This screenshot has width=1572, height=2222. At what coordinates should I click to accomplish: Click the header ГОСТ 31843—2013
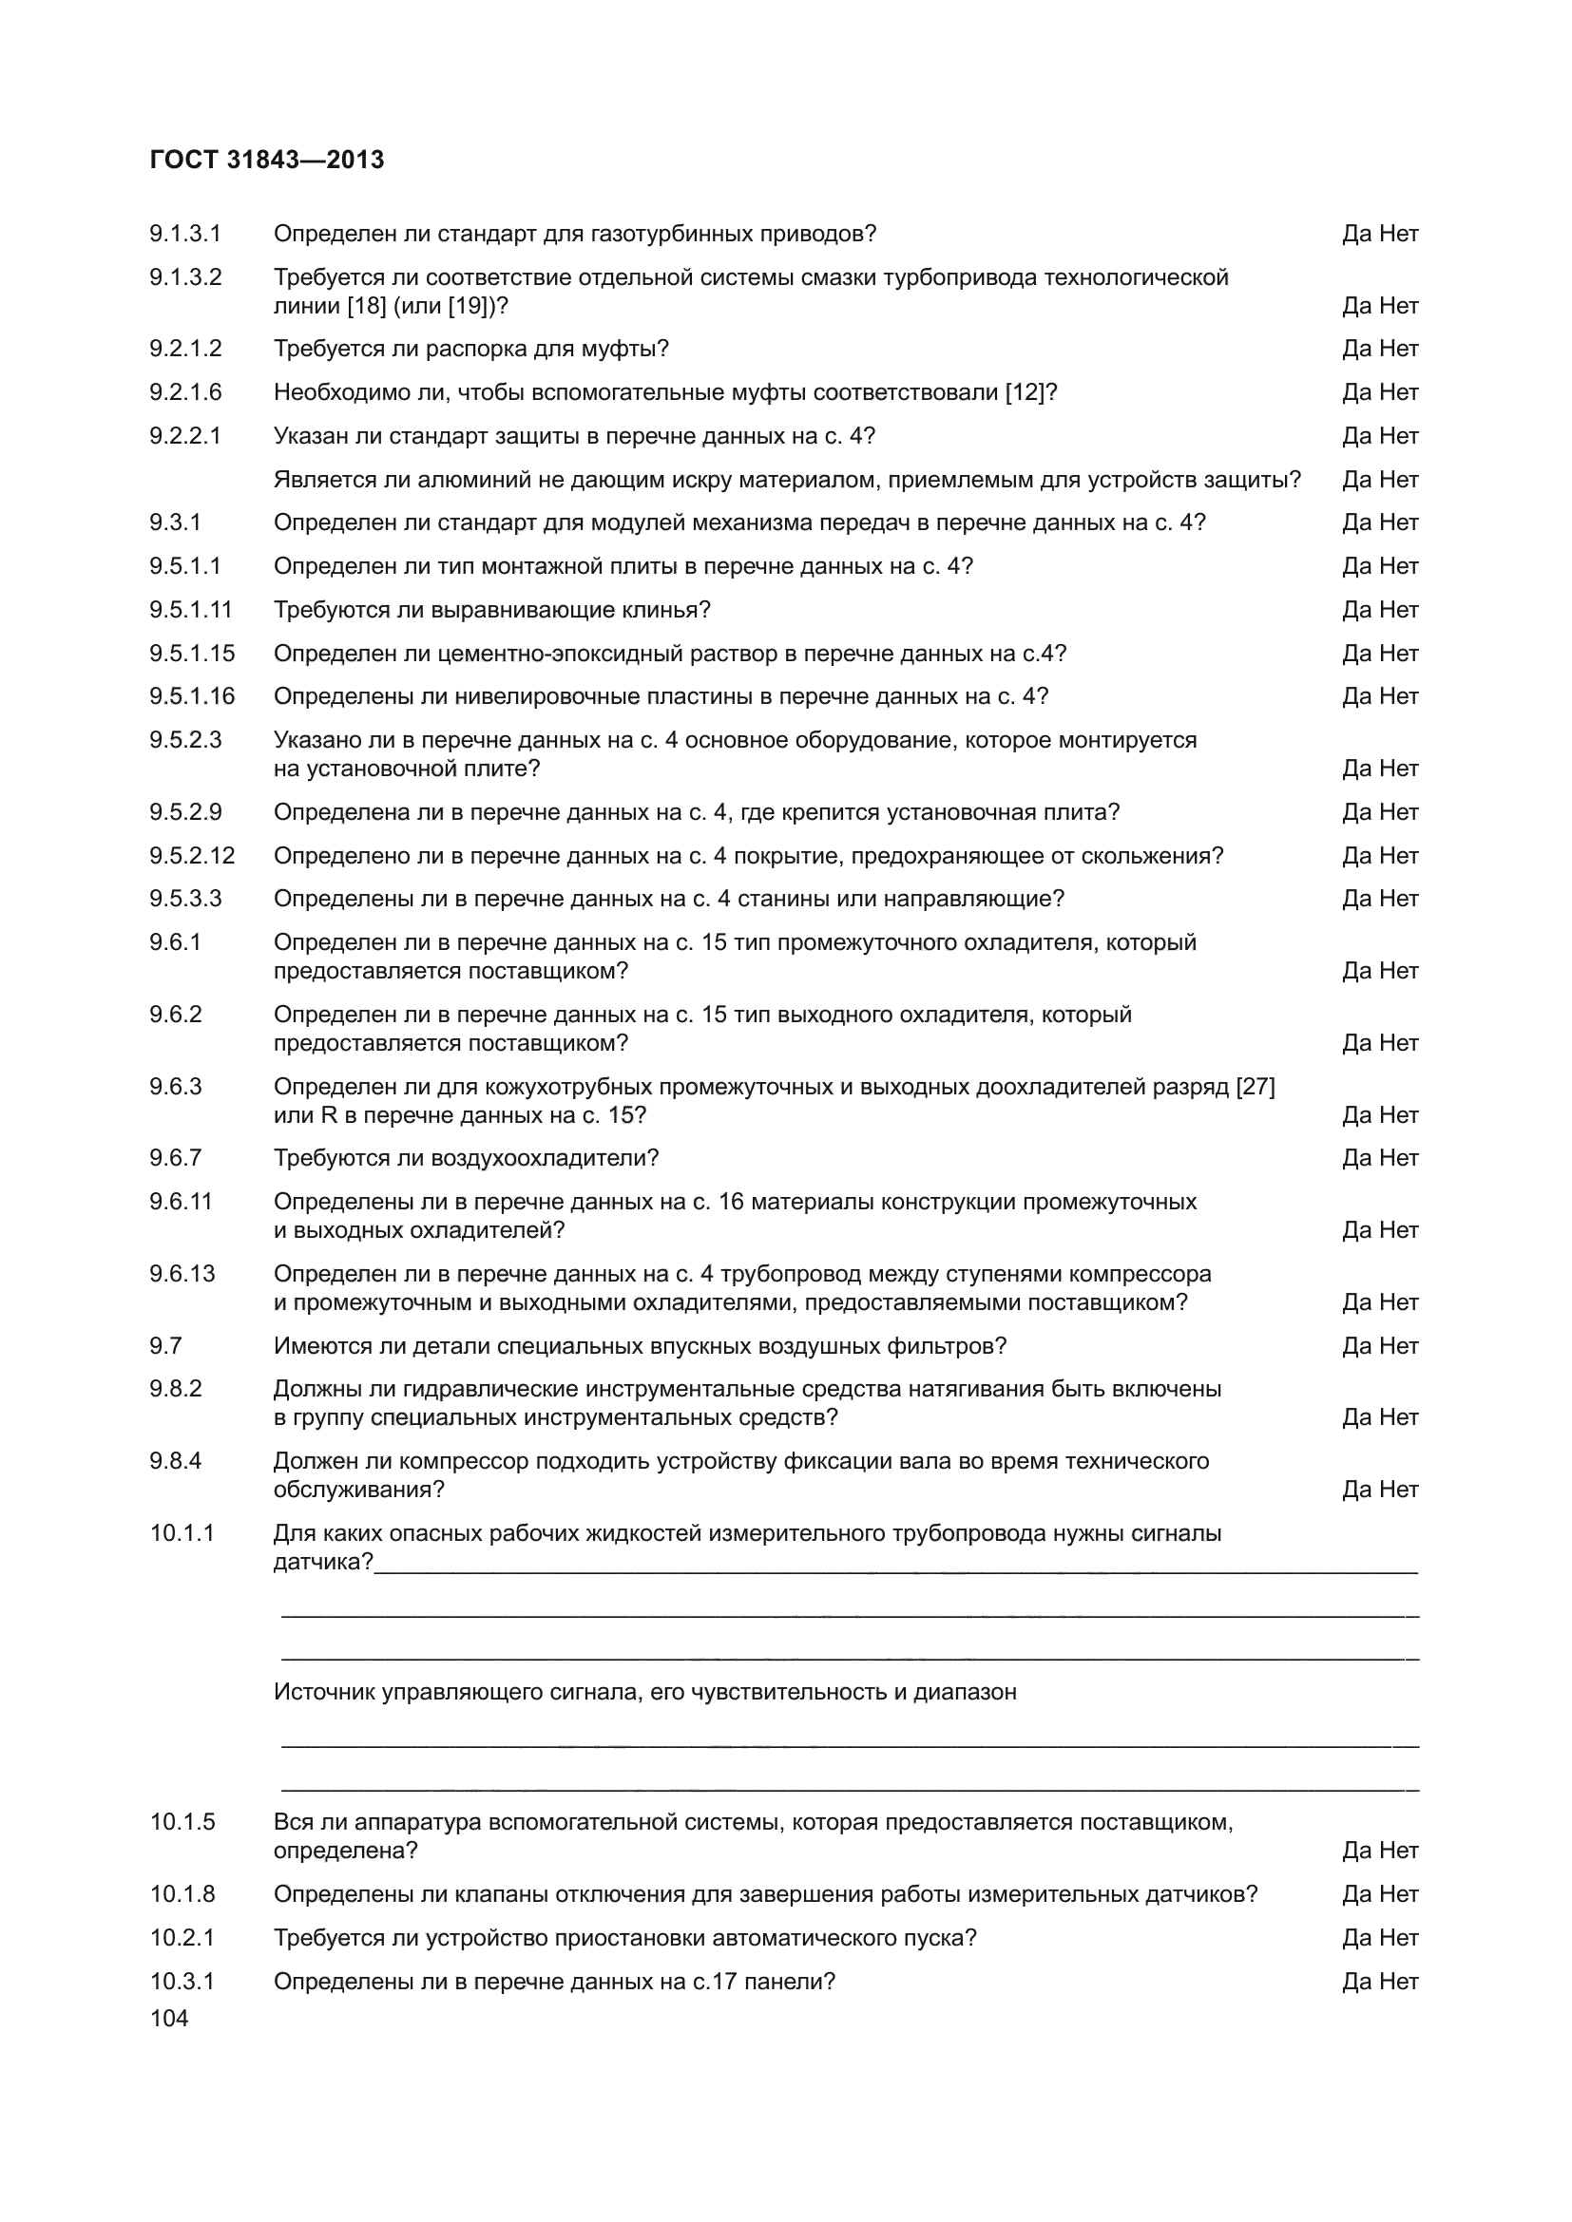[267, 160]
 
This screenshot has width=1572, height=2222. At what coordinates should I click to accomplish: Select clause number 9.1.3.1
[185, 234]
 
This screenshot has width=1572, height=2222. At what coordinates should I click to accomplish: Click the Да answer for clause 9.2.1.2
[1355, 349]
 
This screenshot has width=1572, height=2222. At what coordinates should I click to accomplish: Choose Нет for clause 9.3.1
[1399, 522]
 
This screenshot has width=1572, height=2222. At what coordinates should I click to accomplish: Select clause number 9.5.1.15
[192, 654]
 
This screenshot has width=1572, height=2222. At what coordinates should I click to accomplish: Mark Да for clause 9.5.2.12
[1355, 856]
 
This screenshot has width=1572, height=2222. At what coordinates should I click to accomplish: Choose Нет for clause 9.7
[1399, 1346]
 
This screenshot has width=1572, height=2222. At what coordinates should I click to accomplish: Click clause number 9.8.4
[175, 1460]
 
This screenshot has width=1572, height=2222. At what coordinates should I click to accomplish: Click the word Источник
[324, 1692]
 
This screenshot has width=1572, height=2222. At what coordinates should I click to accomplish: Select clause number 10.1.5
[182, 1822]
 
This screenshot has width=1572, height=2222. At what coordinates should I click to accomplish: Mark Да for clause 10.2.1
[1355, 1937]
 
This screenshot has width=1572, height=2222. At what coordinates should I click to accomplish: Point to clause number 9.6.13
[182, 1274]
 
